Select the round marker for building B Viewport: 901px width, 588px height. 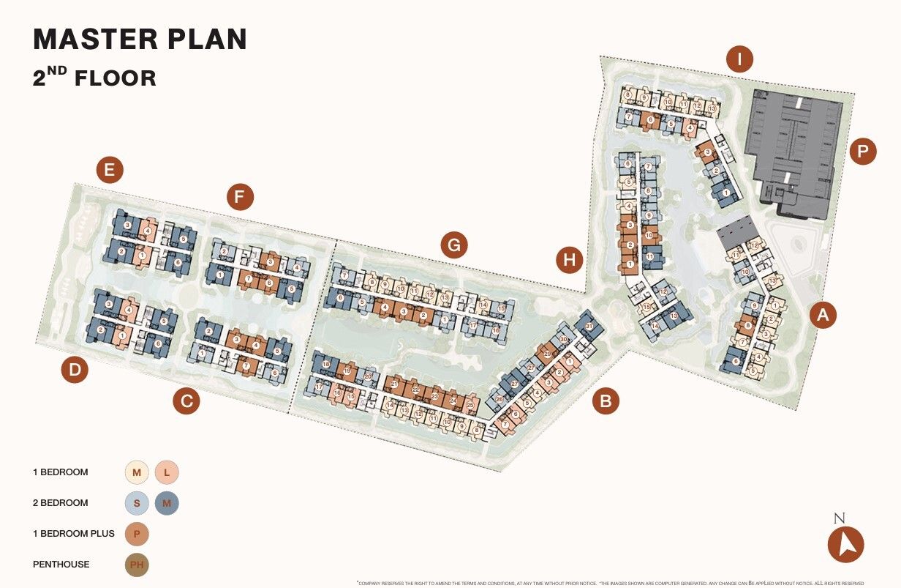click(606, 401)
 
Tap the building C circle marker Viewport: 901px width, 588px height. click(186, 401)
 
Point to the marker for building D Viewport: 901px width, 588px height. click(75, 371)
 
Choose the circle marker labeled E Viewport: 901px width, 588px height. click(110, 171)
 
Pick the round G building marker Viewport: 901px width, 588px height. click(454, 246)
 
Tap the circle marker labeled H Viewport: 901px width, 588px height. click(570, 259)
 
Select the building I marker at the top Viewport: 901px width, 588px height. click(739, 59)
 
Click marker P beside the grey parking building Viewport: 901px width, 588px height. click(863, 152)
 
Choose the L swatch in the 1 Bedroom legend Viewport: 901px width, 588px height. click(167, 472)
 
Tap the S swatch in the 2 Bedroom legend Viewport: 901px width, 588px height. click(137, 503)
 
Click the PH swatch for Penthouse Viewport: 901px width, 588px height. click(137, 565)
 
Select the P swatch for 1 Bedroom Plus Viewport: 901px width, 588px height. click(137, 534)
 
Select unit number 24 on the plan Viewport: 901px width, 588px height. click(453, 401)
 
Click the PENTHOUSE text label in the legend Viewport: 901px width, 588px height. click(61, 565)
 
